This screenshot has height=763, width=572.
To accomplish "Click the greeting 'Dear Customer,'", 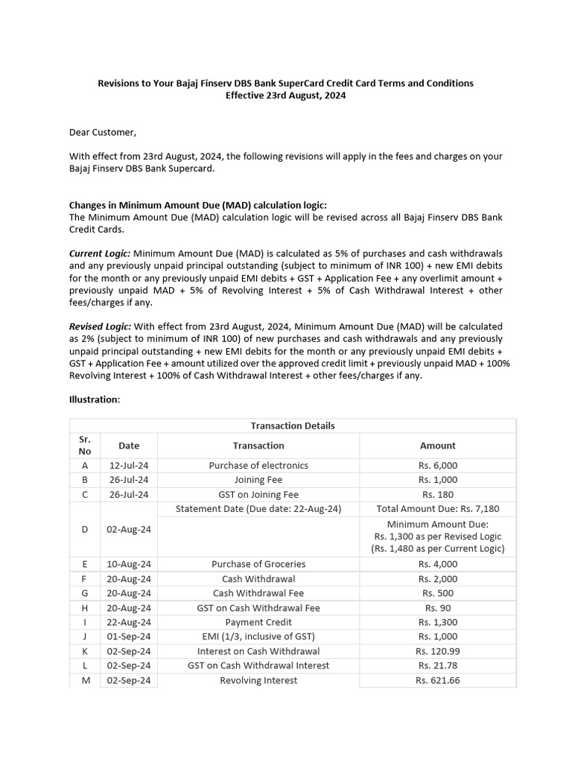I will tap(103, 133).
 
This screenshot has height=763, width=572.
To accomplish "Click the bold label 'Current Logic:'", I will tap(100, 254).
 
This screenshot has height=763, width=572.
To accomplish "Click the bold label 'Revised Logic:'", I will tap(100, 326).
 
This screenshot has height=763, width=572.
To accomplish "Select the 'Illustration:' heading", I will tap(95, 399).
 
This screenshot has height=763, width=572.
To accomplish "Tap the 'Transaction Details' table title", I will tap(293, 425).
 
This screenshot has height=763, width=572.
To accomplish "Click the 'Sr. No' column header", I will tap(85, 446).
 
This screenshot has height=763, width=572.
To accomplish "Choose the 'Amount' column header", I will tap(437, 446).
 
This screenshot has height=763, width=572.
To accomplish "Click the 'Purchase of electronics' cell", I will tap(258, 466).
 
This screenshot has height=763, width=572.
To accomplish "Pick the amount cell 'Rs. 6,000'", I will tap(437, 466).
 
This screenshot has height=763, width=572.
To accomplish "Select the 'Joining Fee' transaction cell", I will tap(258, 480).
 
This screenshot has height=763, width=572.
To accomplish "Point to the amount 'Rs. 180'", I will tap(437, 494).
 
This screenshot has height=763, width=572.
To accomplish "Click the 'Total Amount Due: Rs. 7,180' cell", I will tap(437, 509).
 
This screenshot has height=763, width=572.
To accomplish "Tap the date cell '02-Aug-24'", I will tap(129, 529).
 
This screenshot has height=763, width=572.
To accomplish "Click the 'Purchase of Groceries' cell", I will tap(258, 564).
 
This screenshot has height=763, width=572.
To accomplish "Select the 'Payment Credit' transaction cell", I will tap(258, 622).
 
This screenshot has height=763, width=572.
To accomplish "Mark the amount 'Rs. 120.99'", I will tap(437, 651).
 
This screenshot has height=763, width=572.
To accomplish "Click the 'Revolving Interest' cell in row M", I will tap(258, 680).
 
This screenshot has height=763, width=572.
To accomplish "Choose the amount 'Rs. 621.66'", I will tap(437, 680).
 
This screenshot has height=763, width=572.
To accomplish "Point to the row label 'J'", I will tap(85, 636).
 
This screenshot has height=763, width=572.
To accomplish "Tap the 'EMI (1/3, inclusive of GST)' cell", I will tap(258, 636).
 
